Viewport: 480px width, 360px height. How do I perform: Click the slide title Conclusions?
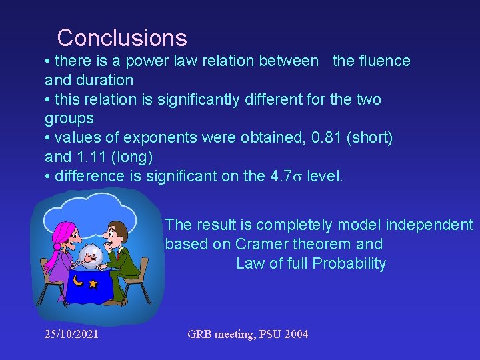point(122,37)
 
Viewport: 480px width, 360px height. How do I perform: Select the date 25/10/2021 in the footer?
point(71,333)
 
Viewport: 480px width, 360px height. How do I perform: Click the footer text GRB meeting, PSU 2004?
point(248,333)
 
